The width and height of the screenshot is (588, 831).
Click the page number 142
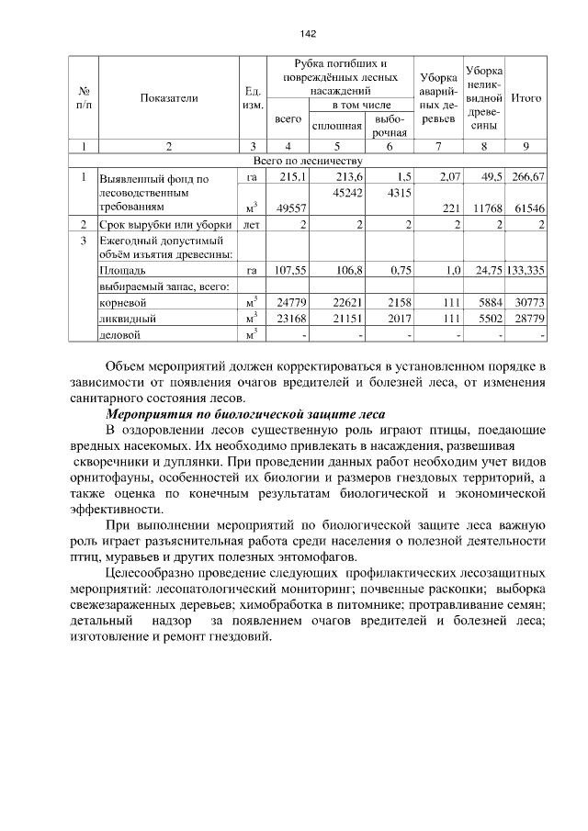pyautogui.click(x=308, y=34)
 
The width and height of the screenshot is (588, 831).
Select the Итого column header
pyautogui.click(x=526, y=97)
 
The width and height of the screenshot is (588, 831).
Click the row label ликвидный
pyautogui.click(x=126, y=318)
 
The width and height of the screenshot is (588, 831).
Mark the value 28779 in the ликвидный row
pyautogui.click(x=529, y=318)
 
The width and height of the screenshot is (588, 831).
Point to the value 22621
pyautogui.click(x=345, y=302)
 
